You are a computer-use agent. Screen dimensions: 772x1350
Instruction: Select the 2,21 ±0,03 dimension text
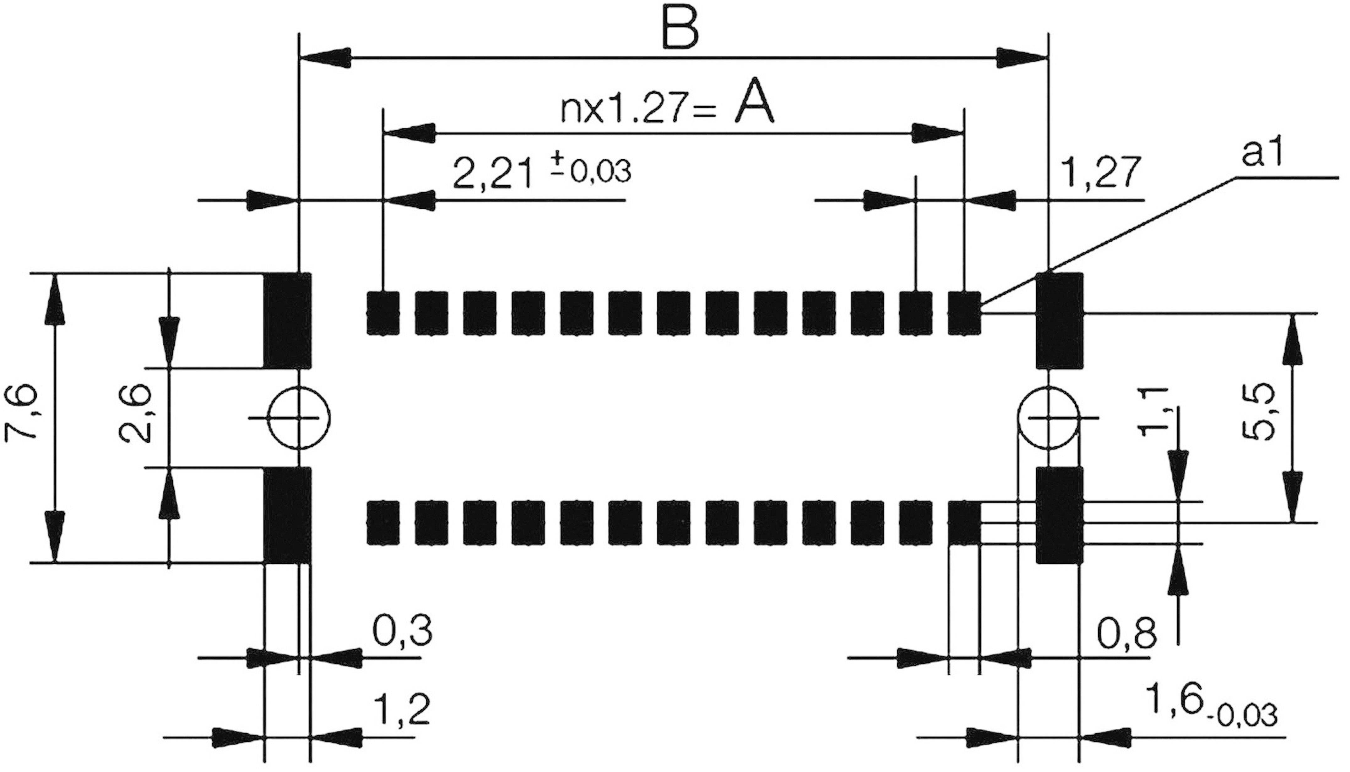pos(541,173)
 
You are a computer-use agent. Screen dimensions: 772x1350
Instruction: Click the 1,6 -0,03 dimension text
pos(1210,713)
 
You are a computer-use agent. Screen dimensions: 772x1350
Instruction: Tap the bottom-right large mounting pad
pos(1060,515)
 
